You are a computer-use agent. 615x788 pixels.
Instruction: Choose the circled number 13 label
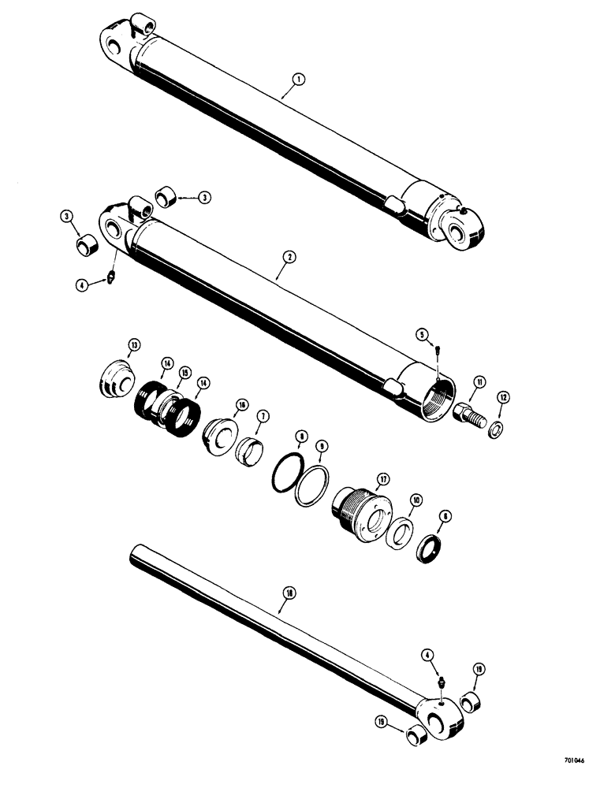click(x=134, y=346)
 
